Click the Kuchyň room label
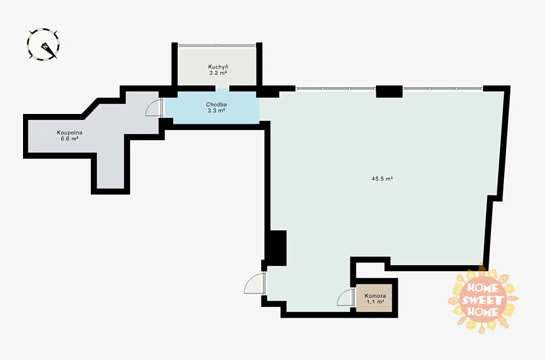click(218, 67)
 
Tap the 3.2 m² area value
click(218, 73)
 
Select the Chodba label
click(216, 104)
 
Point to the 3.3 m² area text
click(216, 111)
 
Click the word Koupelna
click(69, 133)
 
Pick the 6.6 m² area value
click(69, 139)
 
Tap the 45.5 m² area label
click(382, 179)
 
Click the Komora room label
click(375, 296)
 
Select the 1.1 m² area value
click(375, 302)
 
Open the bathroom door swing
click(152, 107)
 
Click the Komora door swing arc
click(344, 297)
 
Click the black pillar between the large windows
click(389, 91)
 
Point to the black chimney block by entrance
click(276, 248)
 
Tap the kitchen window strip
click(217, 45)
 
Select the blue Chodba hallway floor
click(212, 107)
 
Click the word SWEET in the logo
click(482, 300)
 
